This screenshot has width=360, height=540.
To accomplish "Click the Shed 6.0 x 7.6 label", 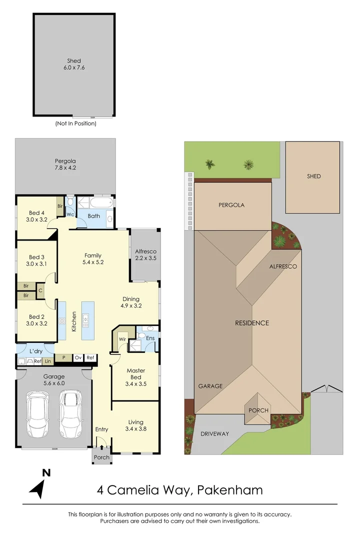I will click(x=73, y=64).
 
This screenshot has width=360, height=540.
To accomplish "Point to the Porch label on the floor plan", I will click(x=102, y=457).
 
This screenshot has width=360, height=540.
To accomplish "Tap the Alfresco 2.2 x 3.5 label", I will click(x=146, y=255).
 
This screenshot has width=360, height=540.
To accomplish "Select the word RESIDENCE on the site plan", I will click(x=252, y=323).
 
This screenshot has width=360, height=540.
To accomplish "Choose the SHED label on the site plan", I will click(x=314, y=176).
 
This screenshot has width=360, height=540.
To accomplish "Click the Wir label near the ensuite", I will click(x=121, y=338).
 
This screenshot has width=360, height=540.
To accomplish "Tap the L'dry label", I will click(x=35, y=350).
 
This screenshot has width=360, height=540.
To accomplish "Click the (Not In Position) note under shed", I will click(x=75, y=123).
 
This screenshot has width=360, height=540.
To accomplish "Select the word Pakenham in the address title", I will click(x=230, y=490).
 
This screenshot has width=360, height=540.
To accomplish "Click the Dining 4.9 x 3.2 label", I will click(x=131, y=302).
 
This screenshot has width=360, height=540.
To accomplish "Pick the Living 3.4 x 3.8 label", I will click(x=135, y=424).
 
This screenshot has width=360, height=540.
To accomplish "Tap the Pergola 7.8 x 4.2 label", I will click(x=65, y=164).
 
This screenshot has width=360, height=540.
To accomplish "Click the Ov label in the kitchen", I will click(x=78, y=357).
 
